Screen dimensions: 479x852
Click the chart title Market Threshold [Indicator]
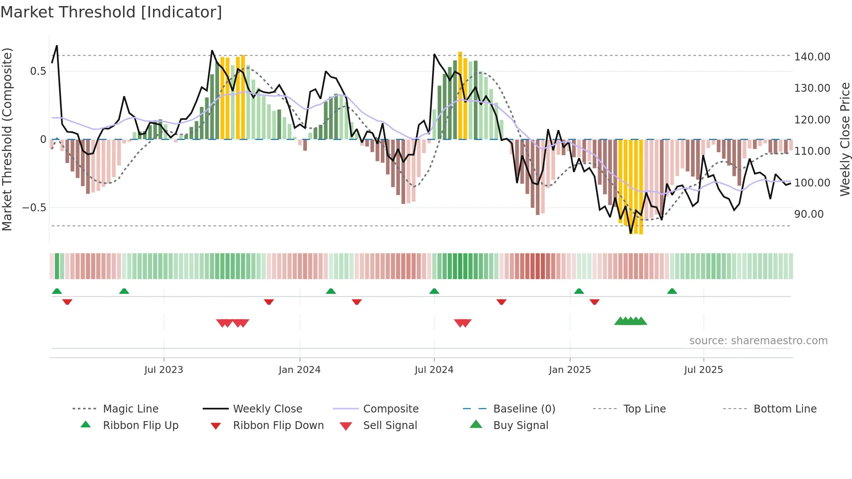pos(111,12)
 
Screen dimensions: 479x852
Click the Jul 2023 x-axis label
pos(164,370)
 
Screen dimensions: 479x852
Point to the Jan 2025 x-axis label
pos(570,370)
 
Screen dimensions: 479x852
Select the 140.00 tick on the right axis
pos(812,57)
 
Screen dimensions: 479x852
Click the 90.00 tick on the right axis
pos(809,214)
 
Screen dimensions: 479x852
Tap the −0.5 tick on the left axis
pos(34,208)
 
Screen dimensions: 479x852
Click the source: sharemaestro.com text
pos(758,341)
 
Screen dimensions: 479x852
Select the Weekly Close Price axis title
pos(845,139)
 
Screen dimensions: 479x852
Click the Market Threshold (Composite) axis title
pos(7,139)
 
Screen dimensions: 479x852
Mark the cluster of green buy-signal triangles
pos(630,321)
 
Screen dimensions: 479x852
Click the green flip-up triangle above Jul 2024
pos(434,291)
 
